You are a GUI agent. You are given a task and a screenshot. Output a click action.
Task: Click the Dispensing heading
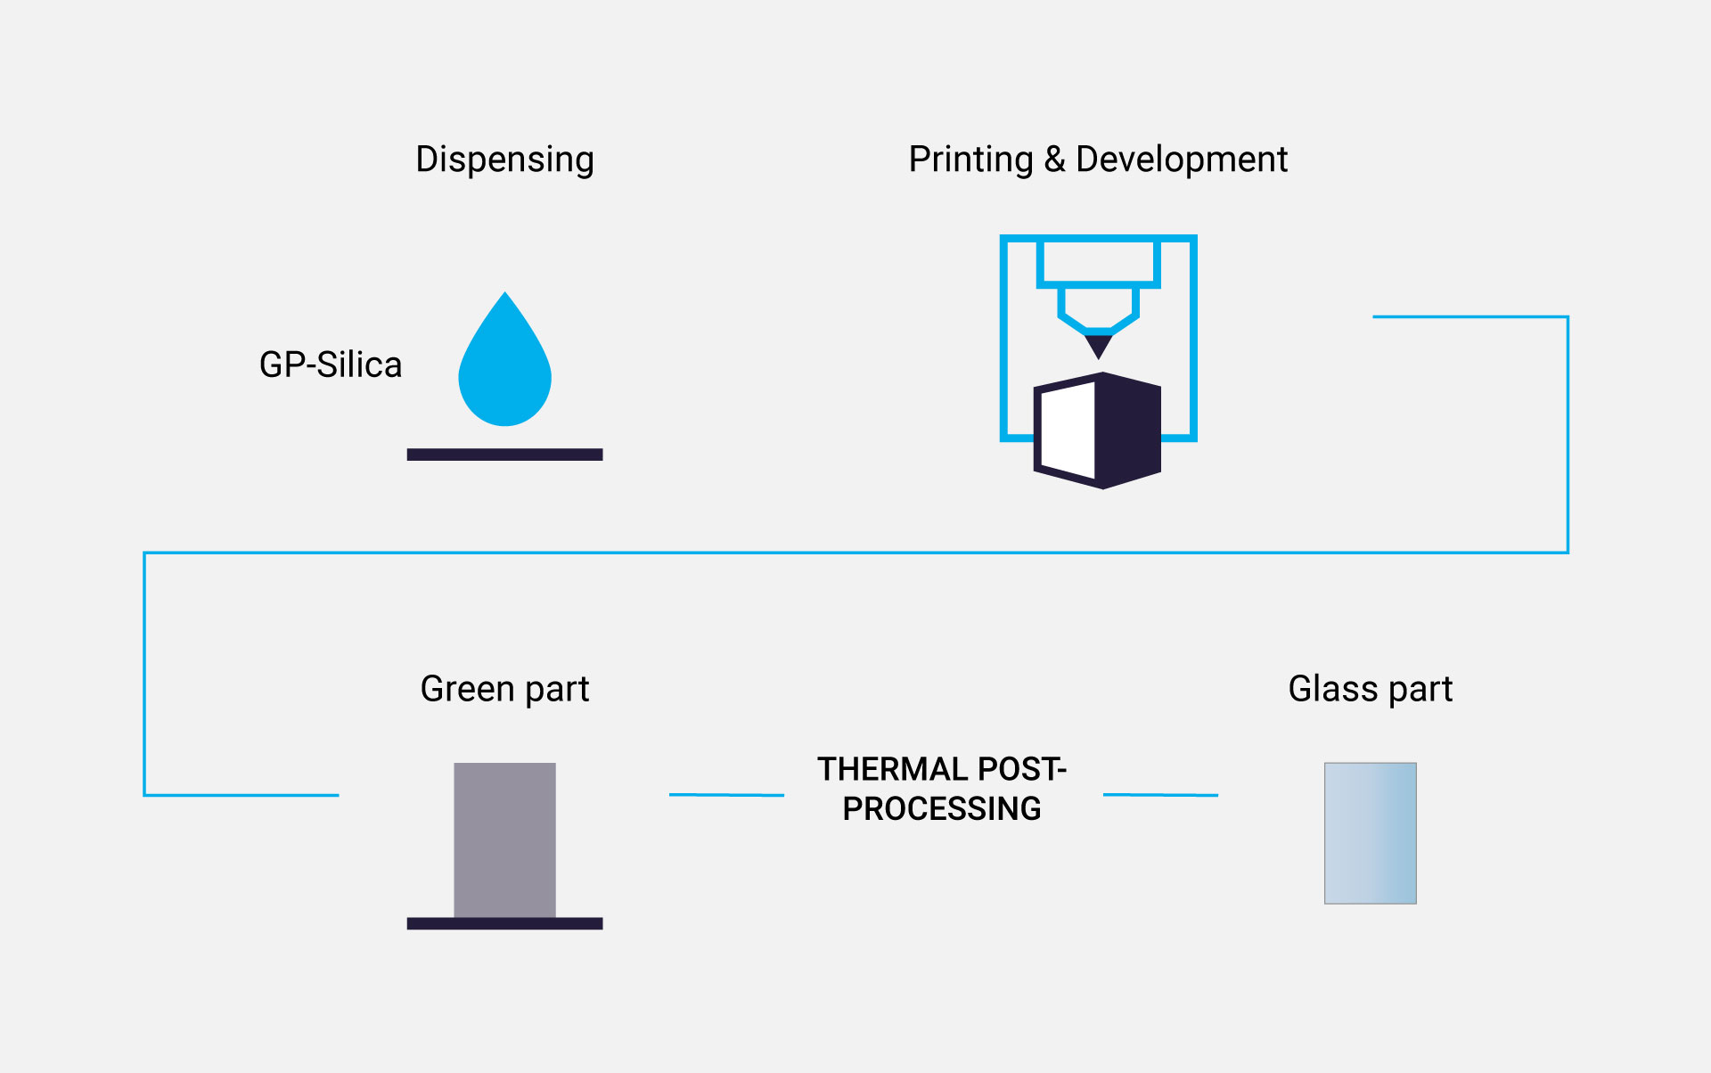pos(504,160)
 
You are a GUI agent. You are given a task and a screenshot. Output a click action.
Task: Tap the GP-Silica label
pos(331,364)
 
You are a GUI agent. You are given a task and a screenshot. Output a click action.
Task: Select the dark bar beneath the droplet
pos(504,455)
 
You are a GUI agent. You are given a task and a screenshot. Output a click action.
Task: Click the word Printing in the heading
pos(971,160)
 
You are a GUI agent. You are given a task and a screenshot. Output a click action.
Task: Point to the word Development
pos(1182,160)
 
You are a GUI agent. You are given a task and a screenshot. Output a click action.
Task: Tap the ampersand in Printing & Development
pos(1055,160)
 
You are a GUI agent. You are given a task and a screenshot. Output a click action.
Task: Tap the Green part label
pos(504,690)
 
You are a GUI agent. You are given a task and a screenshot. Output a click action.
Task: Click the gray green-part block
pos(504,840)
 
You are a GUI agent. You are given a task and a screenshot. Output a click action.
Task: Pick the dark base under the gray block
pos(504,923)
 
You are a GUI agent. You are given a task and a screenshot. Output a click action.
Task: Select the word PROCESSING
pos(942,808)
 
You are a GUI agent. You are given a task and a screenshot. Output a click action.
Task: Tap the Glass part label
pos(1371,690)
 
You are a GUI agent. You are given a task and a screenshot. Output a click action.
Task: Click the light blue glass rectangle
pos(1371,833)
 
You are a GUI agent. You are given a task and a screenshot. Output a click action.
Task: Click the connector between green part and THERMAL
pos(726,795)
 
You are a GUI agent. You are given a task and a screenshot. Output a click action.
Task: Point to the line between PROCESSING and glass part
pos(1160,795)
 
